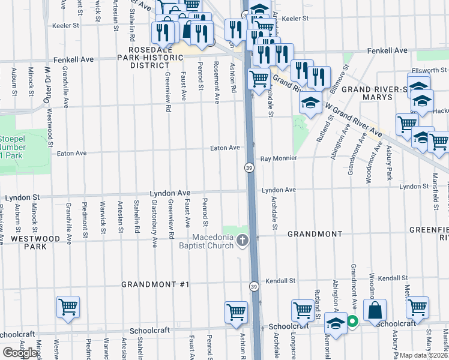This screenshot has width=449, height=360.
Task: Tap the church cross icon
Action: click(x=243, y=241)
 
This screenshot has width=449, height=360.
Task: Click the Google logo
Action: click(x=20, y=353)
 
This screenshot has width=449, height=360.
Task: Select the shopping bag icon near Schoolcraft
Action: click(x=375, y=310)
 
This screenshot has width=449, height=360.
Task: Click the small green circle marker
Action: click(x=352, y=322)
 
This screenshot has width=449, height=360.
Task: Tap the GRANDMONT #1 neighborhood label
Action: click(x=155, y=284)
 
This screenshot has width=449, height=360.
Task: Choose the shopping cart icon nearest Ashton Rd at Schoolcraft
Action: click(x=236, y=312)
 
